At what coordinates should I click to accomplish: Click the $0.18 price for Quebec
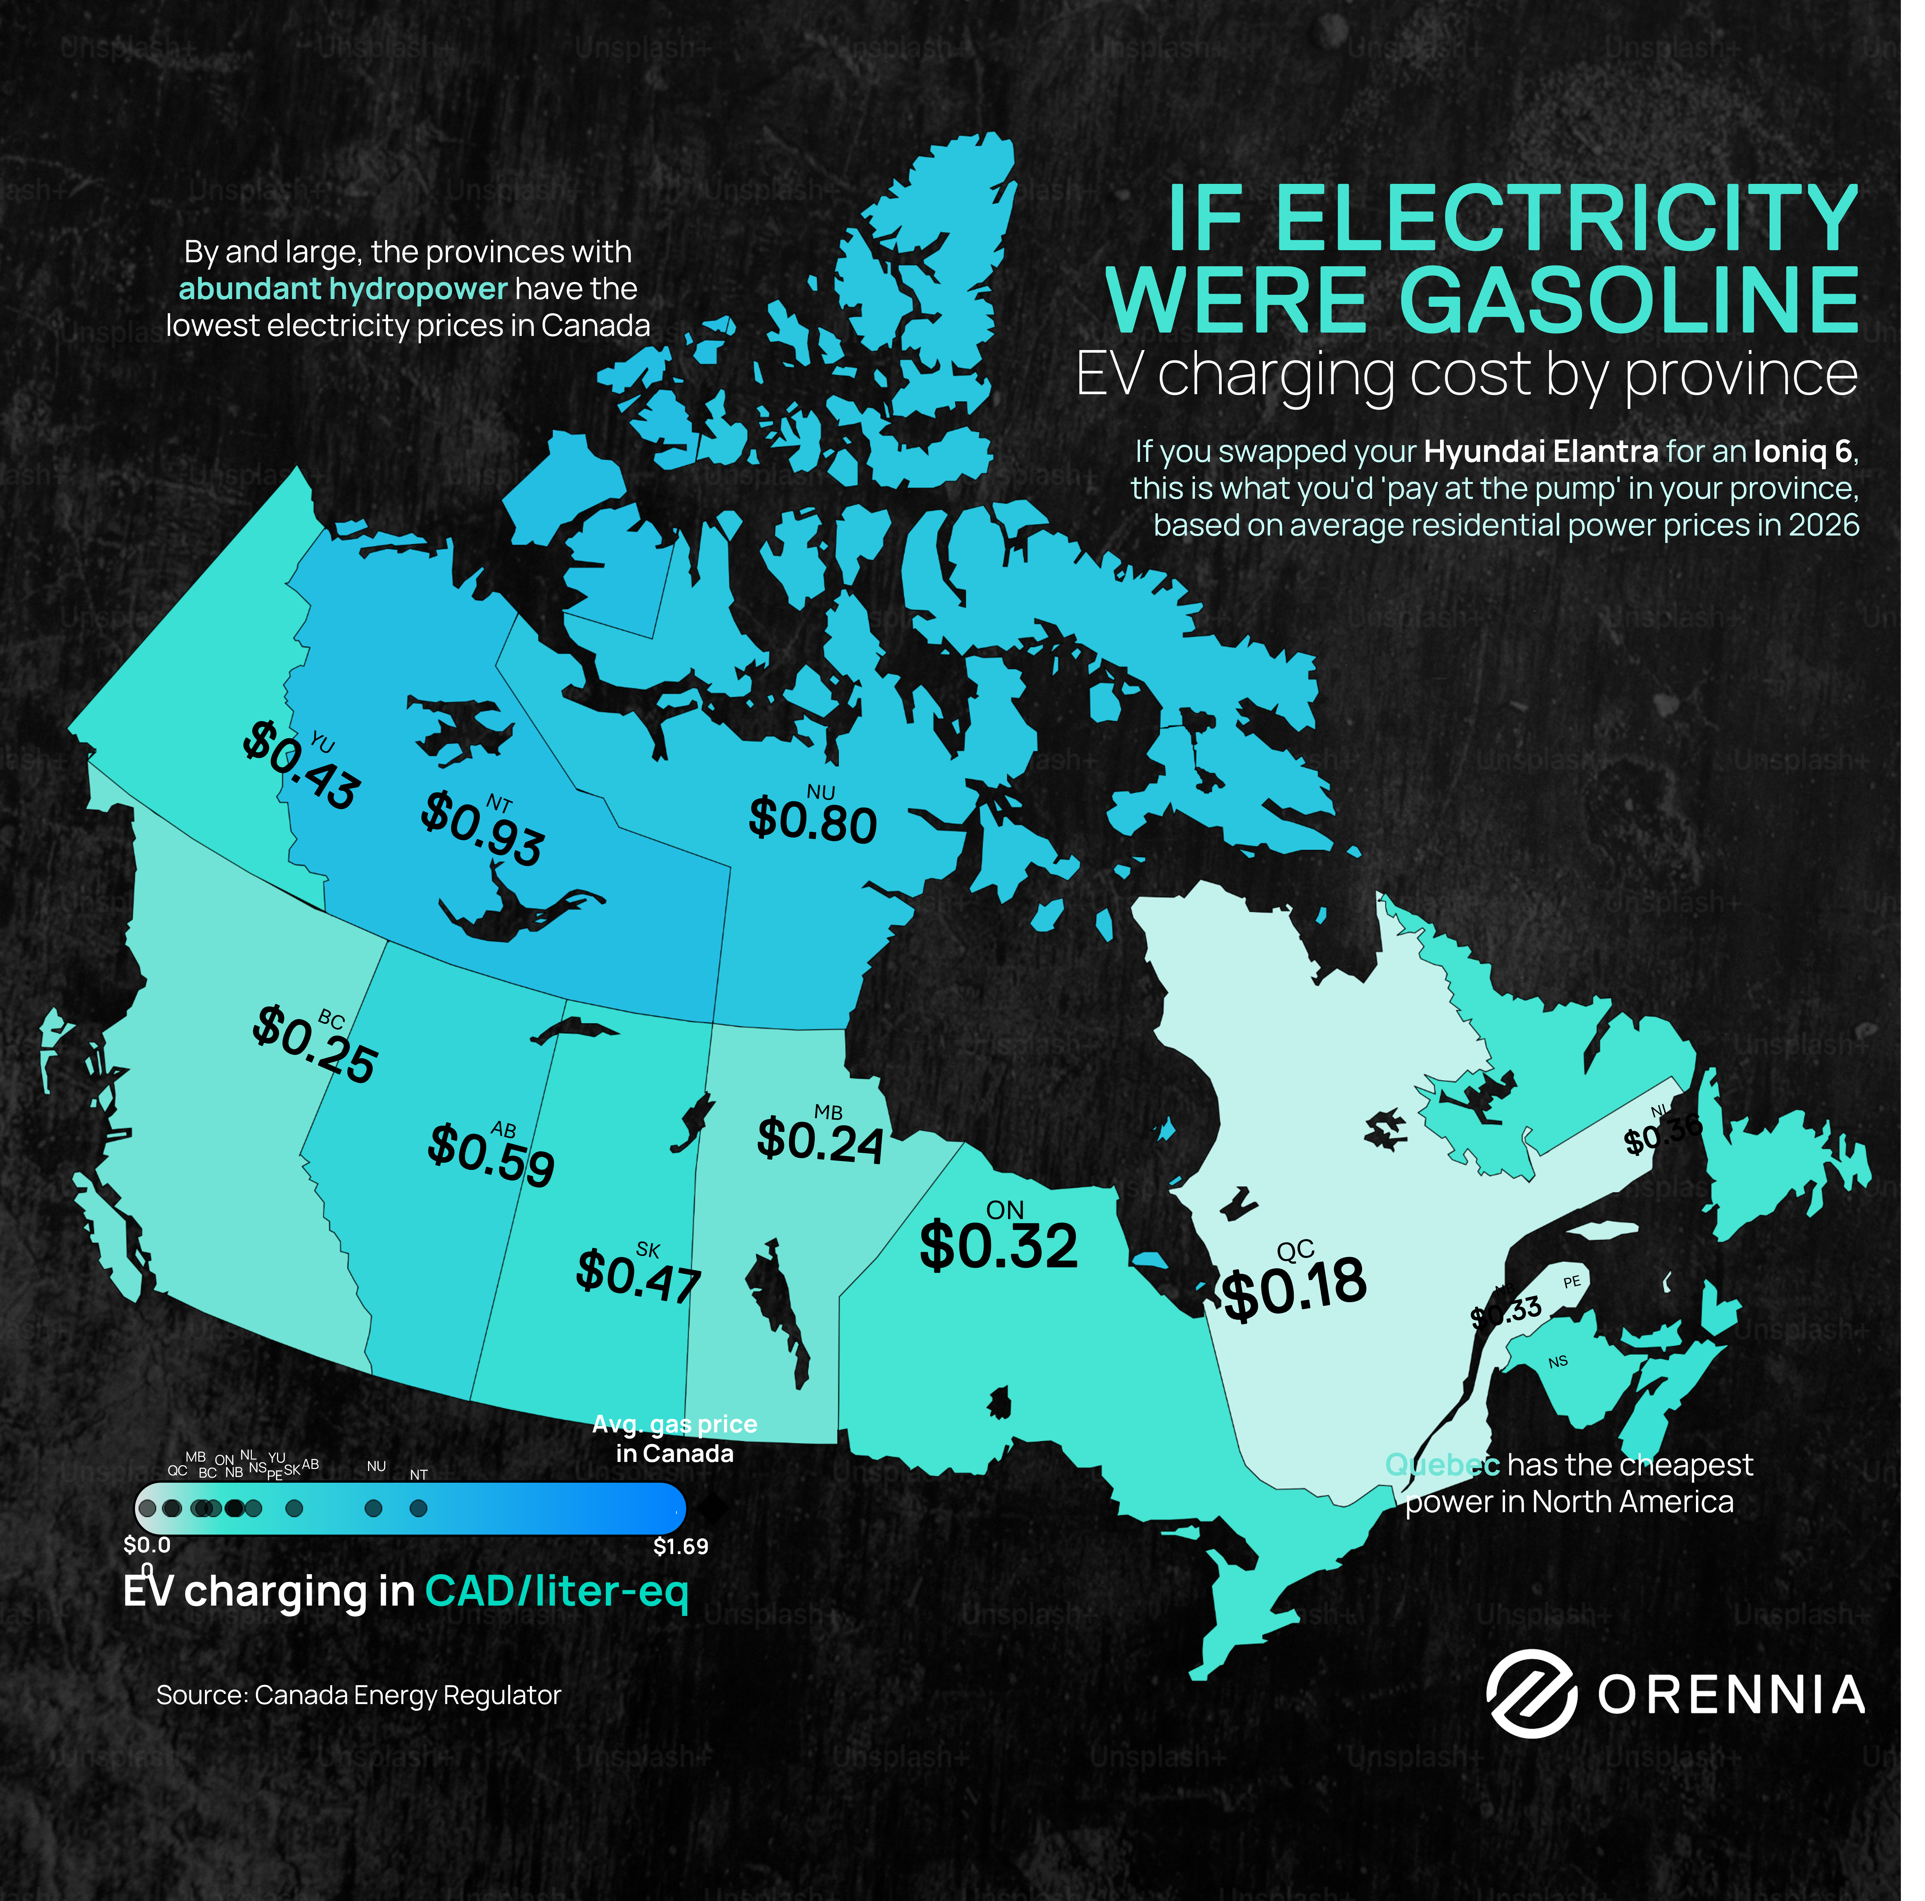1293,1290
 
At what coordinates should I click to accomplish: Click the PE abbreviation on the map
1571,1282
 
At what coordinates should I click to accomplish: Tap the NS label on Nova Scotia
1557,1362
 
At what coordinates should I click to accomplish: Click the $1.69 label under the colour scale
681,1546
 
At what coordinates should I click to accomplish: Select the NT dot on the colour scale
419,1508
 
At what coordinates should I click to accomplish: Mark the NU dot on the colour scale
374,1508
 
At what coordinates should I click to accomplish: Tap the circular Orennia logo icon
1531,1694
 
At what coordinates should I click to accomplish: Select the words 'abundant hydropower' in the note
343,289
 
